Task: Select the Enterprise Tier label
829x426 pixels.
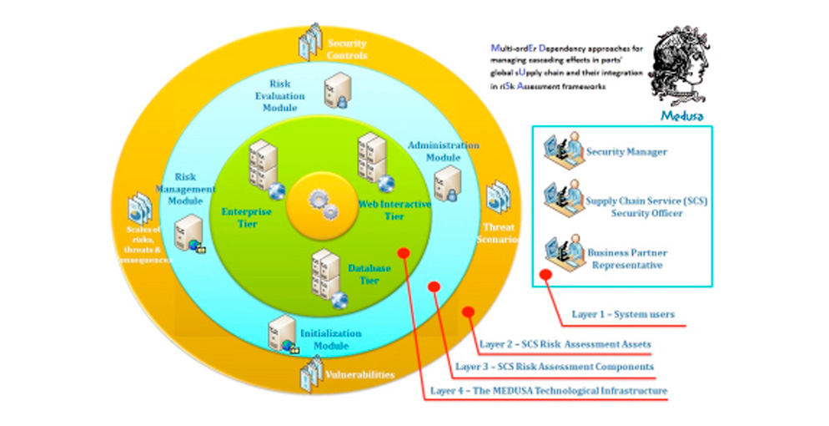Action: (x=246, y=217)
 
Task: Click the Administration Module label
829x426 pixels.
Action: (x=443, y=150)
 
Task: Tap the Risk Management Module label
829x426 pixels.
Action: (x=190, y=189)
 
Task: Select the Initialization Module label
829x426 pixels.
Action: (x=331, y=339)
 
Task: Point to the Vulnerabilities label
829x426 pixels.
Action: (x=359, y=375)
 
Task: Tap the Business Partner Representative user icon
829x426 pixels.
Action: (x=560, y=254)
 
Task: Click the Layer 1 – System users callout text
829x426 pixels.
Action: (x=623, y=315)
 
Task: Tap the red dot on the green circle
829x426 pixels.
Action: (x=404, y=251)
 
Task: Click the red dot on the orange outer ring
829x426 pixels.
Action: (x=468, y=312)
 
